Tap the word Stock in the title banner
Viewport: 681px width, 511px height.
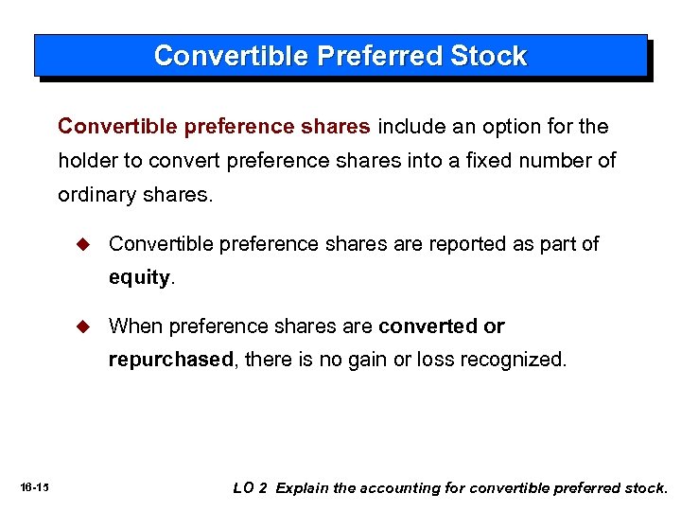(488, 56)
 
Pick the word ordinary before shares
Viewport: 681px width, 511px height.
(96, 196)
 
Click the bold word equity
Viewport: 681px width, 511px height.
(139, 278)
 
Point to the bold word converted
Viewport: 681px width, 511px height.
(428, 326)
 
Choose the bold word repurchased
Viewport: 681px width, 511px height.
(170, 361)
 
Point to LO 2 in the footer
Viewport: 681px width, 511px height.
(251, 488)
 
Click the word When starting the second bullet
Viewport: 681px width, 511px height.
(136, 326)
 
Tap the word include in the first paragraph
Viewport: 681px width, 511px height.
(411, 126)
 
